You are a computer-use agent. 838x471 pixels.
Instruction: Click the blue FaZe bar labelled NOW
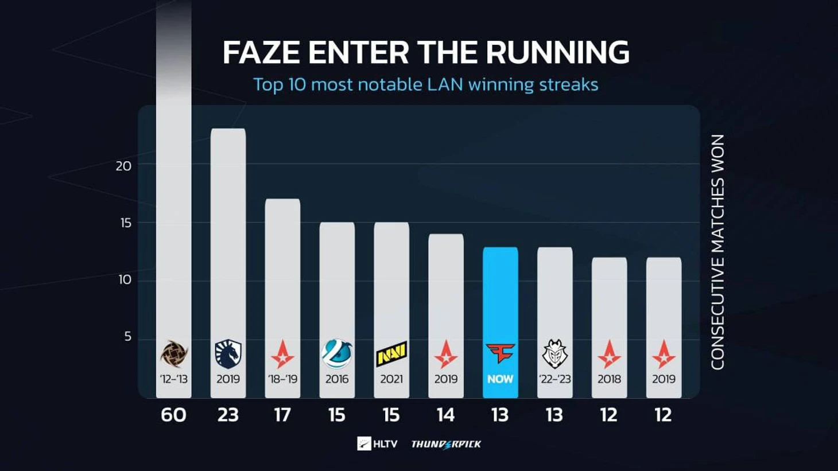click(500, 298)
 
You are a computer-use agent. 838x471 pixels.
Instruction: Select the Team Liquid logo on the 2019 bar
click(228, 353)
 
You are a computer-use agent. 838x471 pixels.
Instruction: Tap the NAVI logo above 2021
click(391, 354)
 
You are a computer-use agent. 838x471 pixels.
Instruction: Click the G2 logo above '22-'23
click(554, 353)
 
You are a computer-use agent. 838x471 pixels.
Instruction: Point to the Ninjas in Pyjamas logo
click(173, 353)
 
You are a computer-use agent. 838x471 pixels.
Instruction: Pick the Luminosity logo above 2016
click(337, 353)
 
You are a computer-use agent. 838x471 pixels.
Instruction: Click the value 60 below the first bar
click(173, 415)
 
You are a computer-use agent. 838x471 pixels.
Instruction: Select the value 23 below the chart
click(228, 415)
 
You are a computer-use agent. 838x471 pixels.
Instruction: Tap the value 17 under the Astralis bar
click(282, 415)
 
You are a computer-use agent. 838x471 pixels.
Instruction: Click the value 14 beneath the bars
click(445, 415)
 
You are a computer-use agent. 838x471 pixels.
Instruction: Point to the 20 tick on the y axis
click(123, 166)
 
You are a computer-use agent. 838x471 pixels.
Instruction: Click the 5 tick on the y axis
click(127, 337)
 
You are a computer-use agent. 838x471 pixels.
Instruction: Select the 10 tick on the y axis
click(125, 280)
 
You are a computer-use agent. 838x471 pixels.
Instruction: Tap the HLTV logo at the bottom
click(377, 444)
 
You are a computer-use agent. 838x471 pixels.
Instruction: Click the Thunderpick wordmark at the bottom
click(446, 444)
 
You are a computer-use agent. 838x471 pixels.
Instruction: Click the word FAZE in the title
click(261, 53)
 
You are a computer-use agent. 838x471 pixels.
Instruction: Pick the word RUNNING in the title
click(557, 53)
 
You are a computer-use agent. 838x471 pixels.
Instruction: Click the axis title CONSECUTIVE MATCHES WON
click(718, 252)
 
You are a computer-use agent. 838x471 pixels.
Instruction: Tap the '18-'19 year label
click(282, 379)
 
